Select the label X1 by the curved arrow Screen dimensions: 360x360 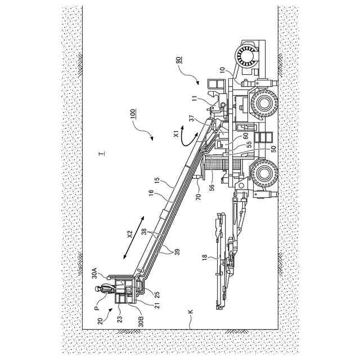[176, 133]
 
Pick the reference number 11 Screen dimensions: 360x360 [195, 100]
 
